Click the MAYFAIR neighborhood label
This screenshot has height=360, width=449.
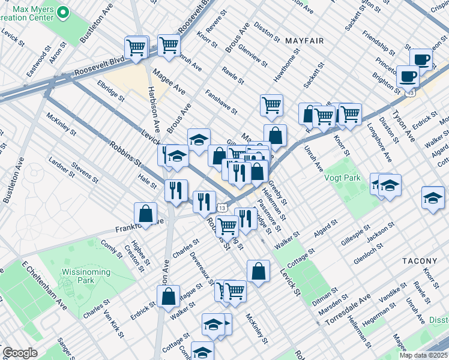click(304, 41)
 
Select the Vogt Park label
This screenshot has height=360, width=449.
click(343, 178)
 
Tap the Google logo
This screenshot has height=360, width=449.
click(20, 353)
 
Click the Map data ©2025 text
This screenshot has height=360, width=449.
click(423, 355)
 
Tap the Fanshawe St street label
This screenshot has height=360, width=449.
click(221, 102)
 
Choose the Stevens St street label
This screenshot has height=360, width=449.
click(84, 170)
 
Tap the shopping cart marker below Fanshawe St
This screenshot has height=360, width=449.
click(271, 105)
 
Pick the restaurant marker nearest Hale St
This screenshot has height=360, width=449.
click(176, 190)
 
